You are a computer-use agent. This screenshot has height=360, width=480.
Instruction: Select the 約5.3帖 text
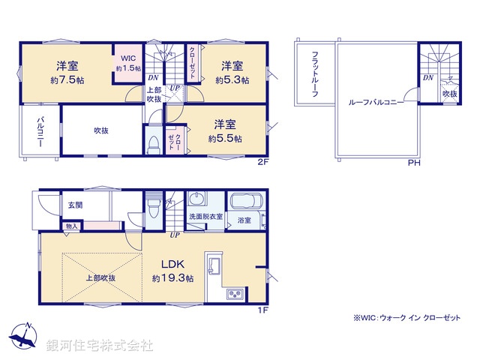point(230,79)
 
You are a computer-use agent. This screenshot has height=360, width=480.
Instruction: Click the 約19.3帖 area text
point(173,278)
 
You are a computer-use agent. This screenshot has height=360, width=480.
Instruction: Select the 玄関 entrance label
point(76,204)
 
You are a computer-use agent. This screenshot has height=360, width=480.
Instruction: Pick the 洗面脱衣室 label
point(205,220)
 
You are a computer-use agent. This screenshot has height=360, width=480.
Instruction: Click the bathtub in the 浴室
point(244,202)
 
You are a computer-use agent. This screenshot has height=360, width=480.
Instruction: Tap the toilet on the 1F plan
point(153,204)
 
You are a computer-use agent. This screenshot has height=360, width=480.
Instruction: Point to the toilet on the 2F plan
point(153,142)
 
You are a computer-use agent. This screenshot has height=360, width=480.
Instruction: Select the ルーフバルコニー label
point(376,102)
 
